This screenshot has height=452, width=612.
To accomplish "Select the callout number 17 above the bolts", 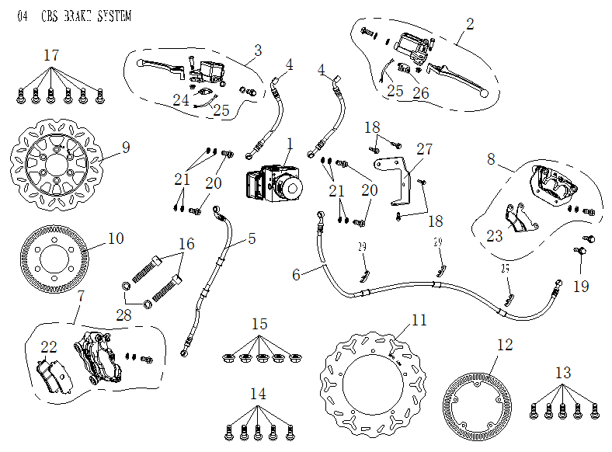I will click(51, 57).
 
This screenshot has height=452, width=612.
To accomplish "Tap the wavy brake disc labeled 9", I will click(55, 164).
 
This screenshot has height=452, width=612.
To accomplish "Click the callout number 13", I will click(563, 373).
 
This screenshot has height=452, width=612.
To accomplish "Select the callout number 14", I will click(259, 395).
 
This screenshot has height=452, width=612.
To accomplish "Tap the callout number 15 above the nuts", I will click(259, 323).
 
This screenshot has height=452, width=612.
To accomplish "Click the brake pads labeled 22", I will click(53, 377).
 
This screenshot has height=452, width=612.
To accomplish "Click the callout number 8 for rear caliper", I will click(491, 159).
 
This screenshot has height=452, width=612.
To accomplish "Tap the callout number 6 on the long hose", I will click(296, 274).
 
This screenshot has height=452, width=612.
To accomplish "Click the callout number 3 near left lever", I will click(259, 51).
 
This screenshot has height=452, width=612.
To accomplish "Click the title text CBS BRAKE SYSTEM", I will click(85, 16).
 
